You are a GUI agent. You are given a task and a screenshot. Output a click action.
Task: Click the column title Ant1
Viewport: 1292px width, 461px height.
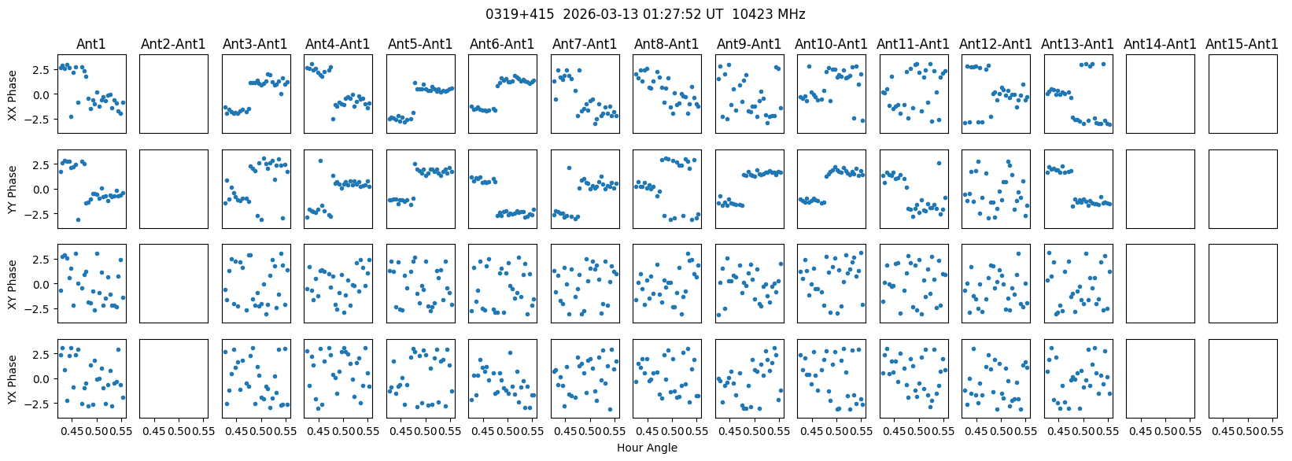90,44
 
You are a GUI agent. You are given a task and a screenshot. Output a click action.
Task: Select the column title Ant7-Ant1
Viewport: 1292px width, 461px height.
585,44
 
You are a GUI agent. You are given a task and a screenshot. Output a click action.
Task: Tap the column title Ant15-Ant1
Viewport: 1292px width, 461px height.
1242,44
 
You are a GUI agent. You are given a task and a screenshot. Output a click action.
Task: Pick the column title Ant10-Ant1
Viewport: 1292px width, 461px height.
831,44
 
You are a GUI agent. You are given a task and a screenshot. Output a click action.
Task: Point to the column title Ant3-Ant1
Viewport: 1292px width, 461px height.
255,44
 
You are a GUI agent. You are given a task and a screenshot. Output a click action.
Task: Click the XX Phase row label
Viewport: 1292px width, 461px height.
12,94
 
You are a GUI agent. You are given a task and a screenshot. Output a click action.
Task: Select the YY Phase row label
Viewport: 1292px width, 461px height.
12,189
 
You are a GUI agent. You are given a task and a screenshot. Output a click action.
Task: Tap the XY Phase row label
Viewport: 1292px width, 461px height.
12,283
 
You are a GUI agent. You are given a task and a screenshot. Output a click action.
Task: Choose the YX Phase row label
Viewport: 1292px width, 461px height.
12,378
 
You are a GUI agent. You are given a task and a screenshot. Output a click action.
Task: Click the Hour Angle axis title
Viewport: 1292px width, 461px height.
647,448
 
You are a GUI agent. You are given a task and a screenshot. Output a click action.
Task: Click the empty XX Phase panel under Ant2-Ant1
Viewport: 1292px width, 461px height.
173,94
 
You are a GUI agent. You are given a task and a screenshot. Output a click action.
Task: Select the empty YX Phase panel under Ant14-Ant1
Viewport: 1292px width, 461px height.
1160,378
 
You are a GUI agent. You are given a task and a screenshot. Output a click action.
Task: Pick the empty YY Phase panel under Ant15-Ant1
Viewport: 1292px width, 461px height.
1242,189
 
